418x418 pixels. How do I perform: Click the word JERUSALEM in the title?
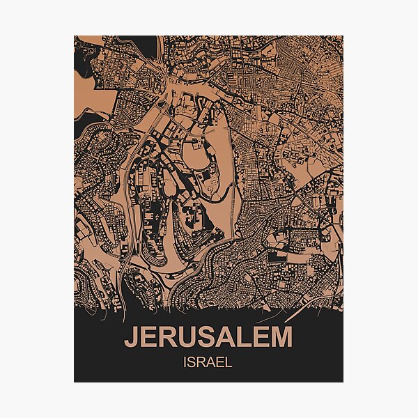(x=208, y=338)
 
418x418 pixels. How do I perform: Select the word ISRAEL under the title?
(x=208, y=362)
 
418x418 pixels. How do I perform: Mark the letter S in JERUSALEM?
(x=207, y=338)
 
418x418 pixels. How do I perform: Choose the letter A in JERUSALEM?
(x=226, y=338)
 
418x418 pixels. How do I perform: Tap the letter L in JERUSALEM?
(x=243, y=338)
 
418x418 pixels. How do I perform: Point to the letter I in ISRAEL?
(x=186, y=362)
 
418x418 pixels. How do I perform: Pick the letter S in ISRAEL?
(x=193, y=362)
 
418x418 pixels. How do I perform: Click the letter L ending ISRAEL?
(x=229, y=362)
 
